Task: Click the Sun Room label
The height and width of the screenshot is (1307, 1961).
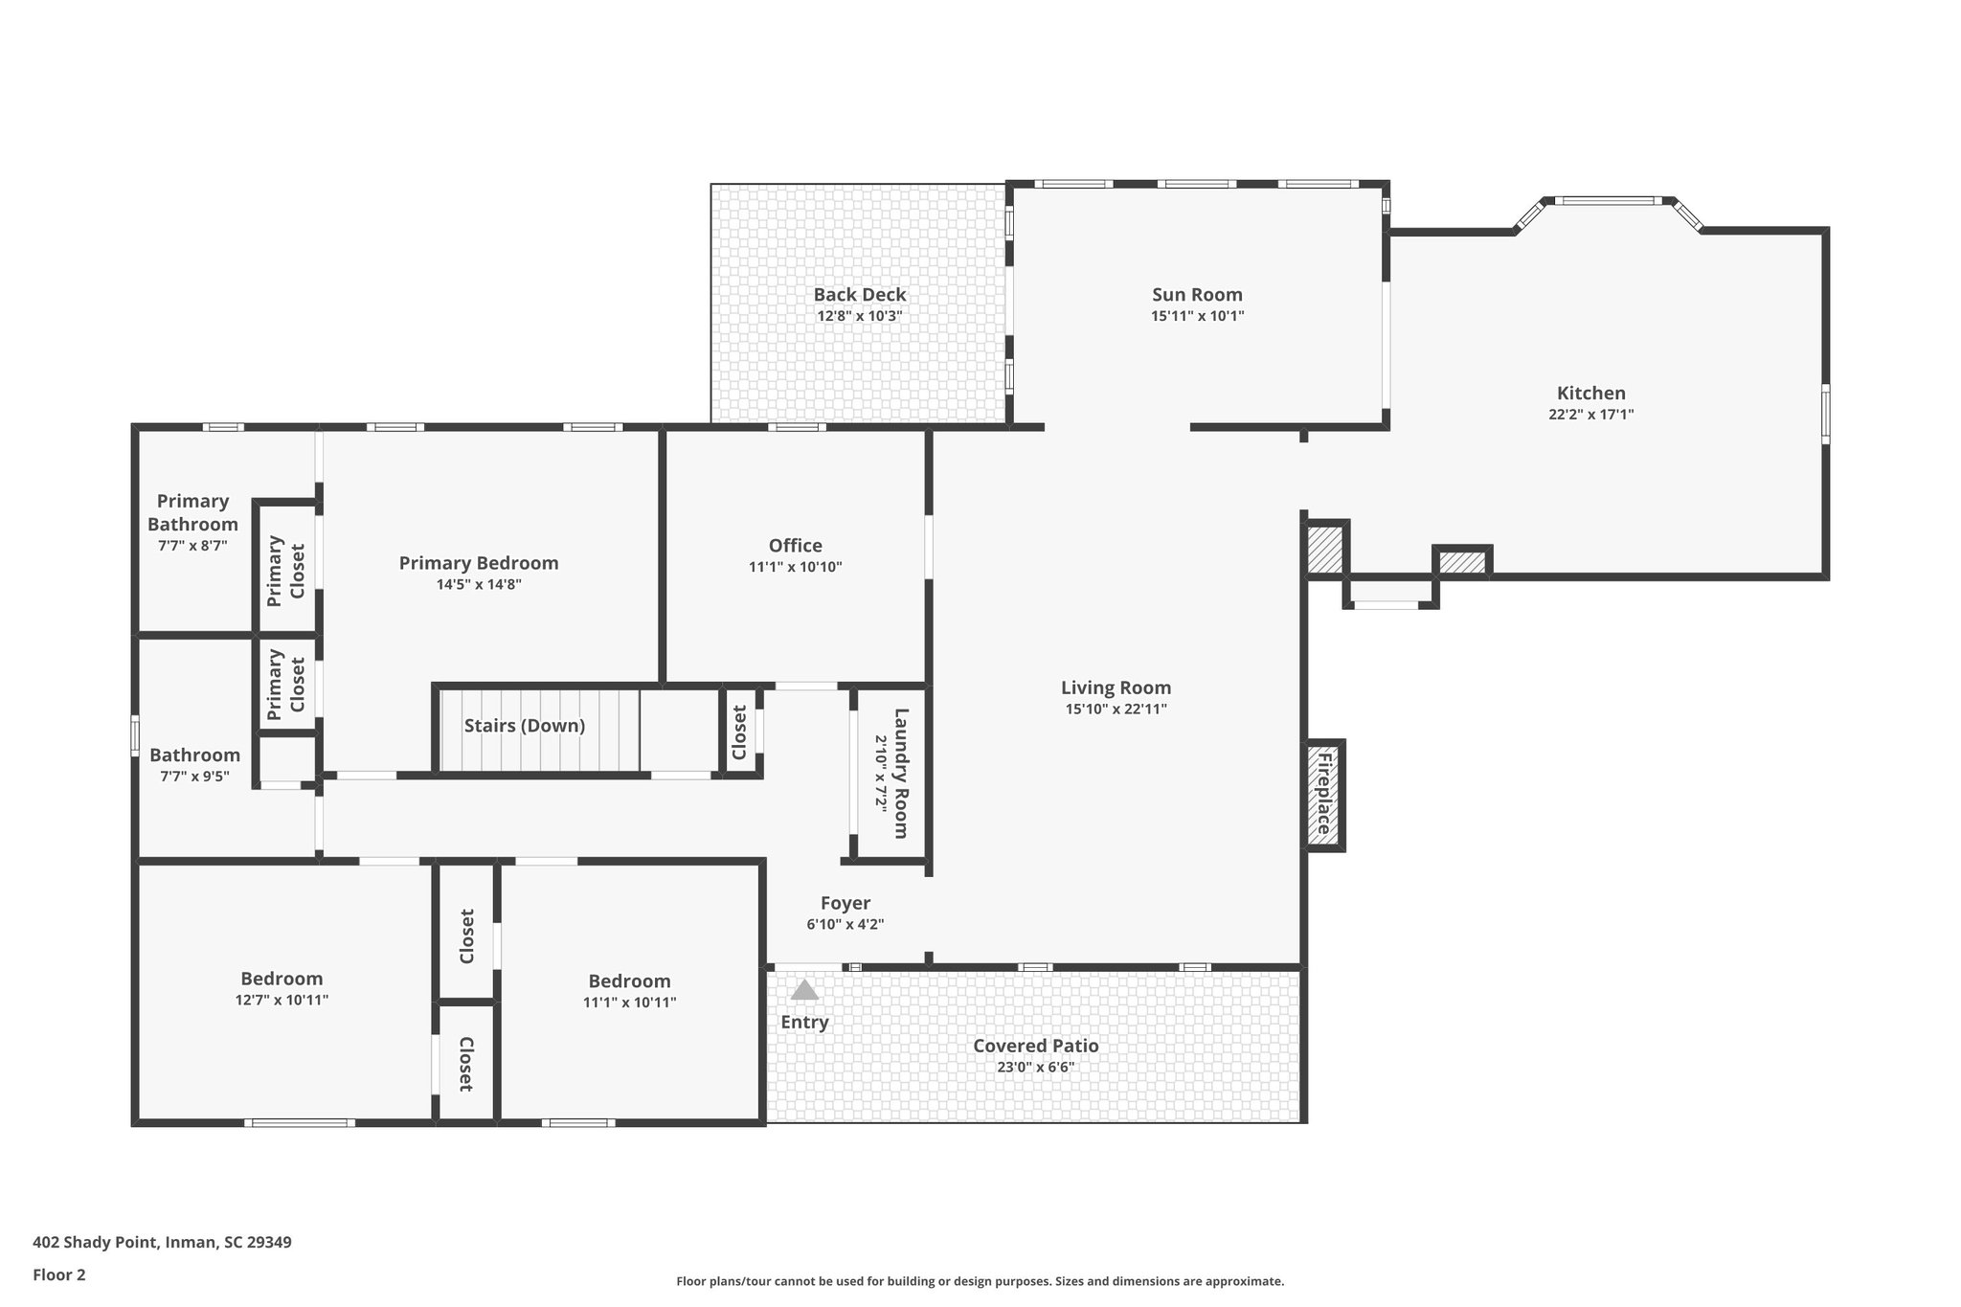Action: pos(1197,295)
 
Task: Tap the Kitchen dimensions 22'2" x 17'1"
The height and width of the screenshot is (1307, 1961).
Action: pos(1590,415)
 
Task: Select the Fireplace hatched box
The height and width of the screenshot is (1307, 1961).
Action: pos(1324,795)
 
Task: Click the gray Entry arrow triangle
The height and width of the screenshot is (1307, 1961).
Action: pos(804,990)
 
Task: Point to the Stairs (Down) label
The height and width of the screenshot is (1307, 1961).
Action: pos(525,726)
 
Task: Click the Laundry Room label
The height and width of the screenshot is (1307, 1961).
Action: pos(900,773)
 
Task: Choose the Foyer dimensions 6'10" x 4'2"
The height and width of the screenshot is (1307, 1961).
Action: pos(845,925)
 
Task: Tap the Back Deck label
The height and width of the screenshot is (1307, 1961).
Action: pos(860,295)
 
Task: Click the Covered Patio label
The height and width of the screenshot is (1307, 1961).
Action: pos(1036,1046)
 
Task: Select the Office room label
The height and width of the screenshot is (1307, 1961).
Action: pos(795,546)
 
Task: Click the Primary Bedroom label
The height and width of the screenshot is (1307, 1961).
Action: pos(479,563)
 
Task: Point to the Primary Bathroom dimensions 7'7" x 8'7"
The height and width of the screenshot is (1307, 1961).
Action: pos(192,546)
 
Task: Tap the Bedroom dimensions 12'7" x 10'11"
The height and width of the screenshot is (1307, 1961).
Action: pos(282,1000)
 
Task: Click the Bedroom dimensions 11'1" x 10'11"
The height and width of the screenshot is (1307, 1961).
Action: pos(629,1003)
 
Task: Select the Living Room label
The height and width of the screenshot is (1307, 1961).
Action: pos(1116,687)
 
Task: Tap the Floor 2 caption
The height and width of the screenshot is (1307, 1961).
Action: pos(59,1274)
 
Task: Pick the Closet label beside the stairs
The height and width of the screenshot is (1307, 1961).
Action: pos(739,732)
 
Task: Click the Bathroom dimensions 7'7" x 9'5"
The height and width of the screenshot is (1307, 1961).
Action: pos(194,777)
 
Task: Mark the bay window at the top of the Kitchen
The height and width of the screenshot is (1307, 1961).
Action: pos(1608,201)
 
